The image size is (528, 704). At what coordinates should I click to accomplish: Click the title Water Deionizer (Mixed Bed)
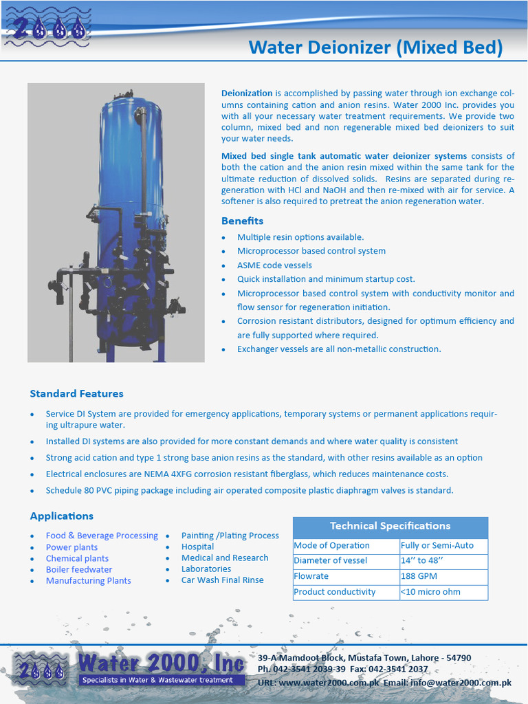375,47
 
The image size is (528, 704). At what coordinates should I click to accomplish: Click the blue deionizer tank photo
116,223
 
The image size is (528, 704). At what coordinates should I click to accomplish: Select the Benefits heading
242,221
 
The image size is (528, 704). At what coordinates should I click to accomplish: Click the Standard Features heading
76,394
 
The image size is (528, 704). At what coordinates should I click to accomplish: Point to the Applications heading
61,516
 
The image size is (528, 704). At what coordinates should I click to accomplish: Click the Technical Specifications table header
390,526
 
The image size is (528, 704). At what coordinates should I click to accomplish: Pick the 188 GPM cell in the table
419,576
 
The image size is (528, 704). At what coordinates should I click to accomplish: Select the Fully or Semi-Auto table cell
437,545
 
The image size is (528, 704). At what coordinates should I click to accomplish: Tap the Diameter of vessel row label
331,560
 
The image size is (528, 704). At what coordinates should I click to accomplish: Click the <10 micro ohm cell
431,592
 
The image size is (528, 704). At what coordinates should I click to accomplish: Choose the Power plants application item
71,547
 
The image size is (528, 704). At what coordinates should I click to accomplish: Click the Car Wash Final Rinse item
222,580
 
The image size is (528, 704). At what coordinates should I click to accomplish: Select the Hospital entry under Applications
197,547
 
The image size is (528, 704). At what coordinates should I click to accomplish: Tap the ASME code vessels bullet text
274,265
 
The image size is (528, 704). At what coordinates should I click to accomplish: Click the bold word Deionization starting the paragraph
247,93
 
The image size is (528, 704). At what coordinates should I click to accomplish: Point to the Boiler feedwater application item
79,569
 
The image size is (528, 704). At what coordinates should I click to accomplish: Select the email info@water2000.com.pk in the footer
471,683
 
